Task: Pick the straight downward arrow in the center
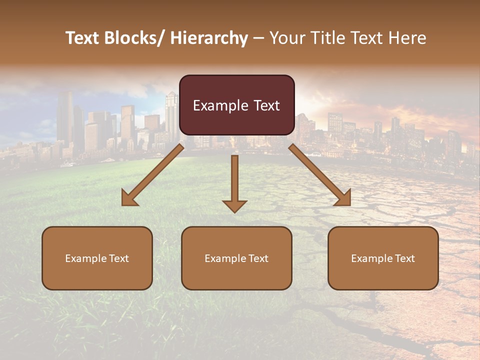[x=234, y=180]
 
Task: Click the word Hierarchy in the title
[x=209, y=38]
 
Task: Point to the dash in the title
[x=258, y=38]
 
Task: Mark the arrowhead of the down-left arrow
[x=129, y=198]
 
